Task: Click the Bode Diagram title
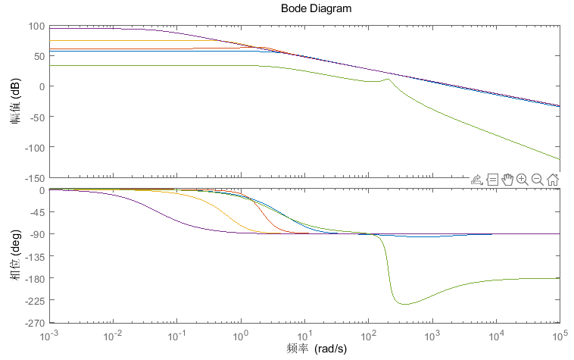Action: coord(316,8)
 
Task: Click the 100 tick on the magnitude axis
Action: coord(36,27)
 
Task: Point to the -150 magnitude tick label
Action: coord(34,179)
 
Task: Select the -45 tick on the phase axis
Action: coord(36,212)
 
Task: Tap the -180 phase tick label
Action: coord(34,279)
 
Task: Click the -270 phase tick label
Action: coord(34,324)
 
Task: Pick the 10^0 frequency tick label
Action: coord(241,335)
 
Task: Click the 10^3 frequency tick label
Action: coord(432,335)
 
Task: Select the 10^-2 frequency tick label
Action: coord(113,335)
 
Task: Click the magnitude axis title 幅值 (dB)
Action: coord(15,102)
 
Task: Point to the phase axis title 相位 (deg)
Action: coord(15,255)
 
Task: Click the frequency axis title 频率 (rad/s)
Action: coord(317,349)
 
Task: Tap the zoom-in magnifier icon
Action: coord(522,180)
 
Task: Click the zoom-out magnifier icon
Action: coord(537,180)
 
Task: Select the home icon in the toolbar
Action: coord(552,180)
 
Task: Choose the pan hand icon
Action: coord(507,180)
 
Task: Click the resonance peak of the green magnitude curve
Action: coord(387,79)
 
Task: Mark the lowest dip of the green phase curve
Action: coord(404,304)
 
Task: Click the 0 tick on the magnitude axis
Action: coord(42,87)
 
